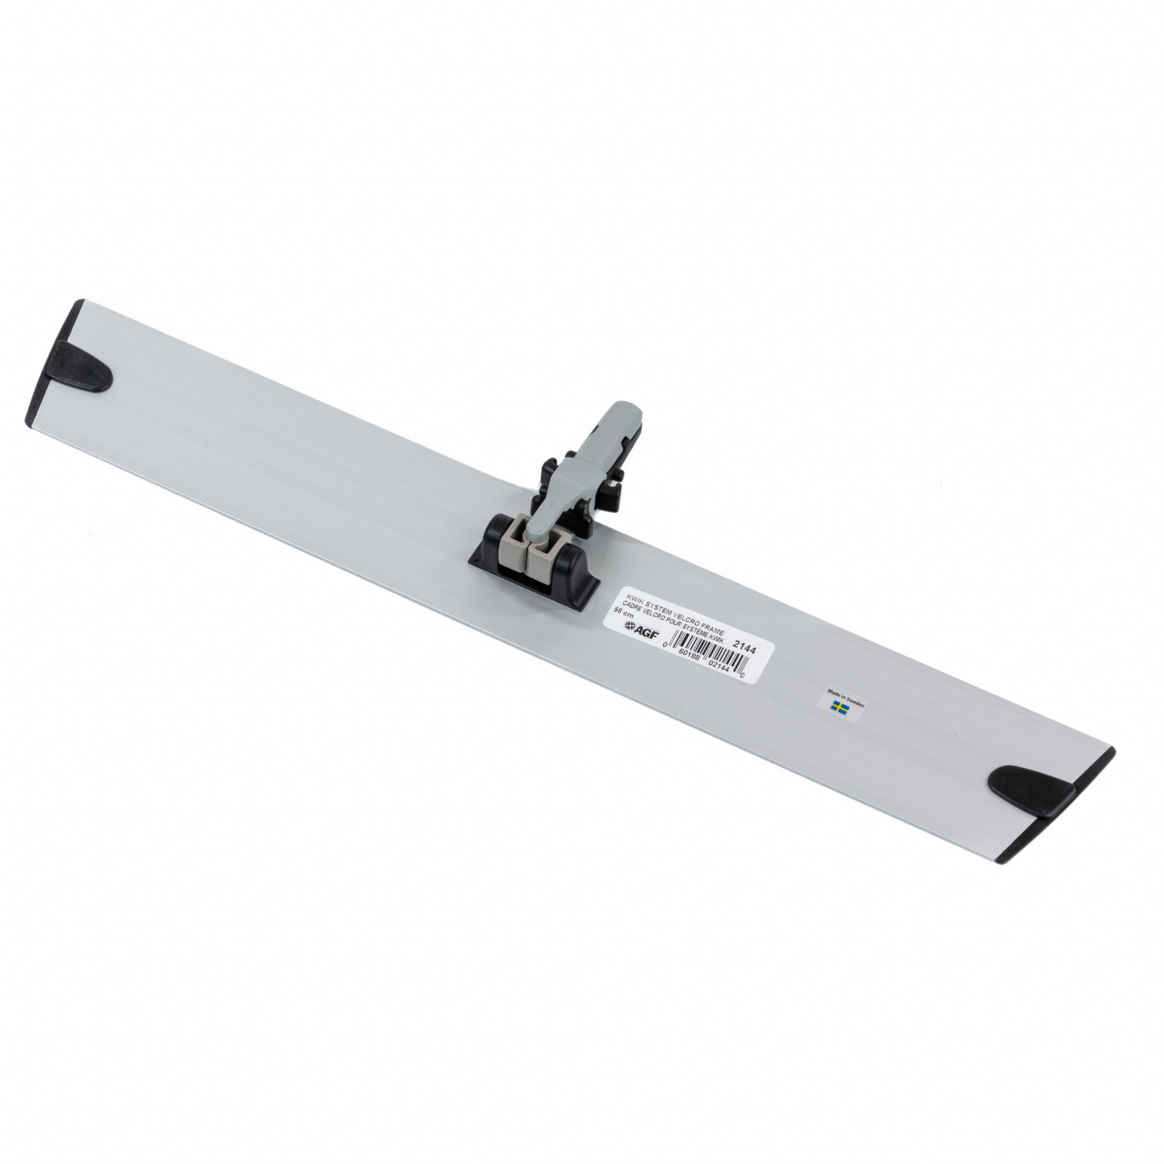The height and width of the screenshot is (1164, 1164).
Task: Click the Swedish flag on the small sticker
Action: coord(839,707)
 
